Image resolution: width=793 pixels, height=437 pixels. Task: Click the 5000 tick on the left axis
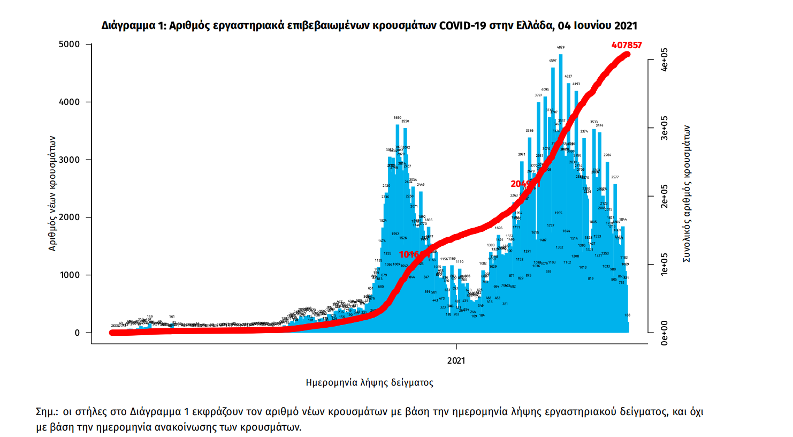pos(69,44)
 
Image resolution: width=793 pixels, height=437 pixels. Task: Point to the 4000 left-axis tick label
pos(69,102)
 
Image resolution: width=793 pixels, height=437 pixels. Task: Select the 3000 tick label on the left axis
pos(69,160)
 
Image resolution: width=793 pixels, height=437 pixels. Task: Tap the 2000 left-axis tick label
pos(69,217)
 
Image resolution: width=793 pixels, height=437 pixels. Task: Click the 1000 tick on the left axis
pos(69,275)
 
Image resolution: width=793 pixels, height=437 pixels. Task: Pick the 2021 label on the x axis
pos(456,361)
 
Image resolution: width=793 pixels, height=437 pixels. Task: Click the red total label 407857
pos(626,46)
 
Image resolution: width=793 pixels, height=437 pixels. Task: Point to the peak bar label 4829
pos(561,48)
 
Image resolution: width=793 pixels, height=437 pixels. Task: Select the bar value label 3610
pos(397,118)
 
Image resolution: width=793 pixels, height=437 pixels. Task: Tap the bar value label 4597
pos(553,61)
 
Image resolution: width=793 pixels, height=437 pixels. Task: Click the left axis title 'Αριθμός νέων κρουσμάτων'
pos(52,193)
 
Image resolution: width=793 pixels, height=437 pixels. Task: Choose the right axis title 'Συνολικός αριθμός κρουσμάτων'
pos(687,194)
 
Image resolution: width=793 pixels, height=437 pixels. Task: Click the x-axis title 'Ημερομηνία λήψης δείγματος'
pos(369,383)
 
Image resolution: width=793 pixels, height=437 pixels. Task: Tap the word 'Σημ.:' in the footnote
pos(47,412)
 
